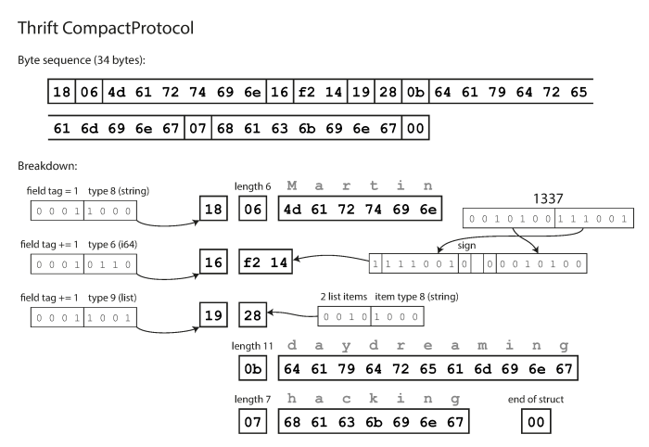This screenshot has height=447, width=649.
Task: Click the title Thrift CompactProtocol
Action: [105, 28]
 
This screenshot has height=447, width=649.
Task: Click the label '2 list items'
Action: [347, 296]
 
